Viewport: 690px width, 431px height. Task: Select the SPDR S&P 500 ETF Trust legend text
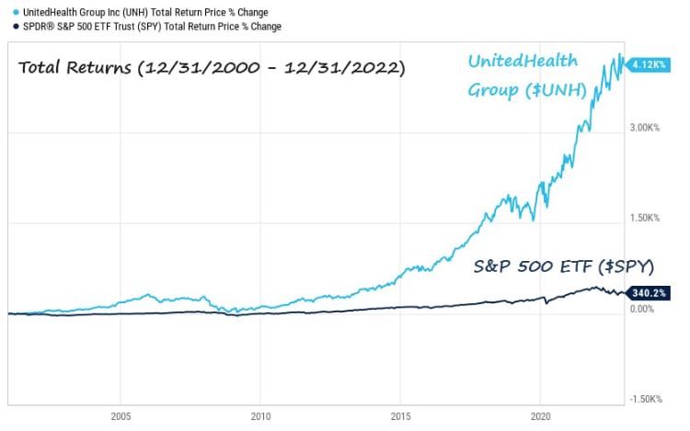coord(147,27)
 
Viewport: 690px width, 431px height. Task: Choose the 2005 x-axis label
coord(120,415)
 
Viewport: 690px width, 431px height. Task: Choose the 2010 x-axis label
coord(260,415)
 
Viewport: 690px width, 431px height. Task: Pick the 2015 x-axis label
coord(401,415)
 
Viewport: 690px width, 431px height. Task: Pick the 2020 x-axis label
coord(541,415)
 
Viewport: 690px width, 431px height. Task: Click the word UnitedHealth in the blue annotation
coord(523,62)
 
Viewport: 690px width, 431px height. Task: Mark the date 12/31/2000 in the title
coord(197,68)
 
